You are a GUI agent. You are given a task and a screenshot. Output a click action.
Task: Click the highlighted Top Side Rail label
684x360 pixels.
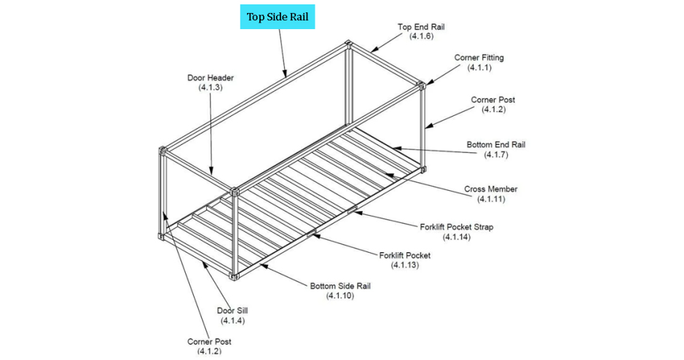[278, 17]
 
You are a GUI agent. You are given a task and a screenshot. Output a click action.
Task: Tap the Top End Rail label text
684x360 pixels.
[421, 27]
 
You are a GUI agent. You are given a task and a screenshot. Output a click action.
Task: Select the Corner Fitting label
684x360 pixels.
[479, 58]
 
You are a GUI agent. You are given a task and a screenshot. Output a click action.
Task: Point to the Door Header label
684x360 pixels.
[210, 78]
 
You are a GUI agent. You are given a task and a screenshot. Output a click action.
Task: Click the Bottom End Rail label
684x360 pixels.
[495, 145]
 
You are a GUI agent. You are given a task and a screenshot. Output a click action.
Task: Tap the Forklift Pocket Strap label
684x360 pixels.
[456, 227]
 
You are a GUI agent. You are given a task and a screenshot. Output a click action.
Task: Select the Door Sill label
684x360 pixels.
[233, 310]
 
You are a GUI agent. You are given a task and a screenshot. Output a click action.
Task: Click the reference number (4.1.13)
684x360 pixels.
[404, 265]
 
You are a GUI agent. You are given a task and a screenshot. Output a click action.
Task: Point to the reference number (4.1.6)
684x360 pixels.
[421, 36]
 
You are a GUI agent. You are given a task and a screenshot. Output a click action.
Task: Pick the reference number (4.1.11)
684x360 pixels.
[490, 199]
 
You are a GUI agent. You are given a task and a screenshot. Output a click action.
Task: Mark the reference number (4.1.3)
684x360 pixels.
[210, 87]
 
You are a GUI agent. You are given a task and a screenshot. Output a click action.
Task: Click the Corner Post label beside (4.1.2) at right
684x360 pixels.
[493, 100]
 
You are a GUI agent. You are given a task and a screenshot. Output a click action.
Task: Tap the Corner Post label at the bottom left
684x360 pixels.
[209, 341]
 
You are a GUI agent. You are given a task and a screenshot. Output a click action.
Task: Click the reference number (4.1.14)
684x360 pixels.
[456, 237]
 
